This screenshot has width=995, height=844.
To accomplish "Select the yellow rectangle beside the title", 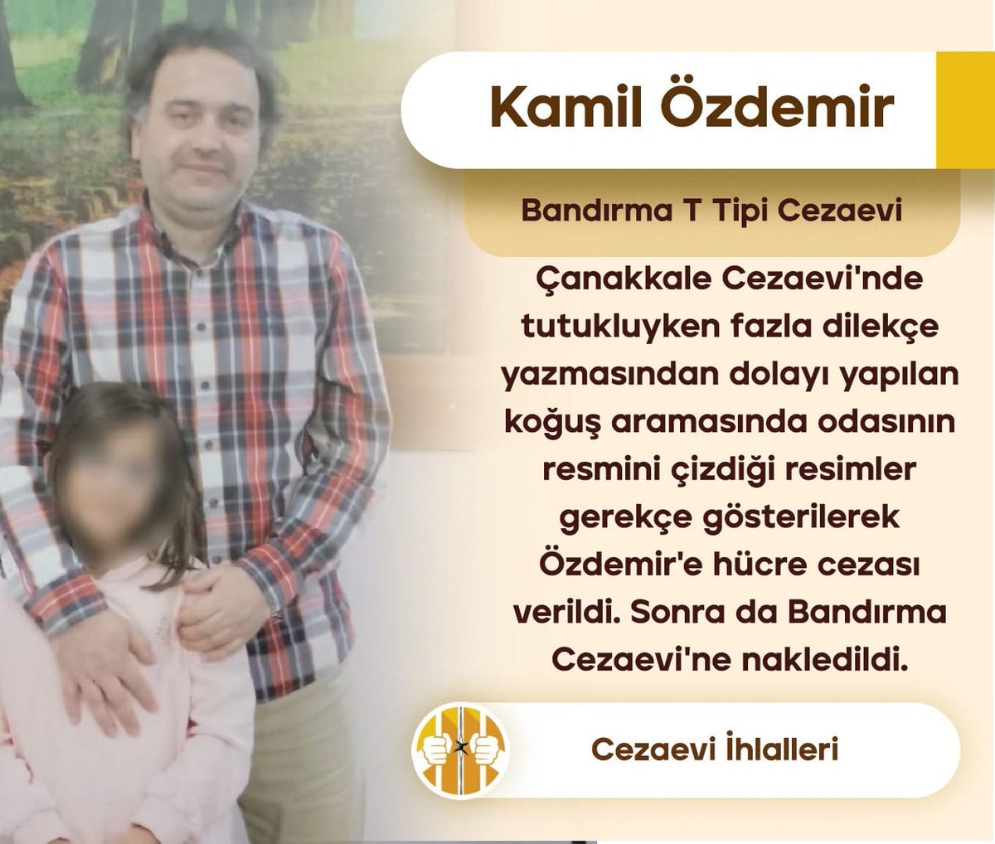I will pyautogui.click(x=964, y=110).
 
